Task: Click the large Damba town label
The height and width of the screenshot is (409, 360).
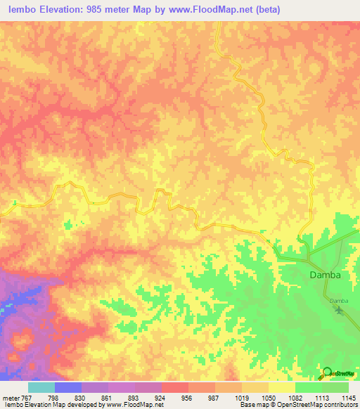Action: [325, 275]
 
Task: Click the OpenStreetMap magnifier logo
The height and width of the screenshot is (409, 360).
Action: [328, 373]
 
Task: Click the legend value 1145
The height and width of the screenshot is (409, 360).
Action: [349, 396]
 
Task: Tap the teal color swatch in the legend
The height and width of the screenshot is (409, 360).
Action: [41, 387]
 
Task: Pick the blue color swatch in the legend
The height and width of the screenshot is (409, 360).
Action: [67, 387]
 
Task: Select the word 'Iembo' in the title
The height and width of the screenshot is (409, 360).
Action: [17, 10]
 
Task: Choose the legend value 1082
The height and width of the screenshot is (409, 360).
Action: [296, 396]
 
